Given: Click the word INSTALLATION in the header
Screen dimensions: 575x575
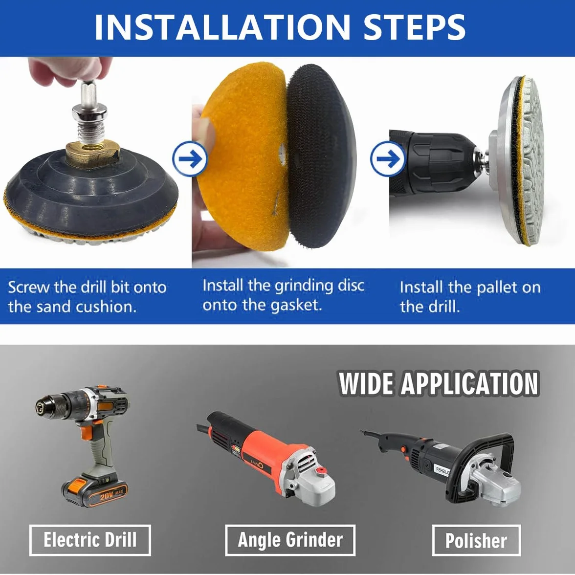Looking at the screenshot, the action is (222, 27).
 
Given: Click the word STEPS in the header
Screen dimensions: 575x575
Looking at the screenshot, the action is (415, 27).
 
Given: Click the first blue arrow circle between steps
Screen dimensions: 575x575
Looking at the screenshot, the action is (190, 159).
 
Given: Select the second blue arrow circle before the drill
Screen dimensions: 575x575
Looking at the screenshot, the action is (388, 159).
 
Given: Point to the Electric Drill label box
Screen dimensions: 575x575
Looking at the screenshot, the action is (90, 540).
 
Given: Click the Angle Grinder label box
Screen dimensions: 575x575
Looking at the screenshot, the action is (290, 540).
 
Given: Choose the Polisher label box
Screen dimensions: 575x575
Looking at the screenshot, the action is (476, 540).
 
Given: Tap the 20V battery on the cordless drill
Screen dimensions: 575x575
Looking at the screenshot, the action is (94, 491).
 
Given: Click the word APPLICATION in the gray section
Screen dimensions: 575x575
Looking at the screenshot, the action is (470, 383).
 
